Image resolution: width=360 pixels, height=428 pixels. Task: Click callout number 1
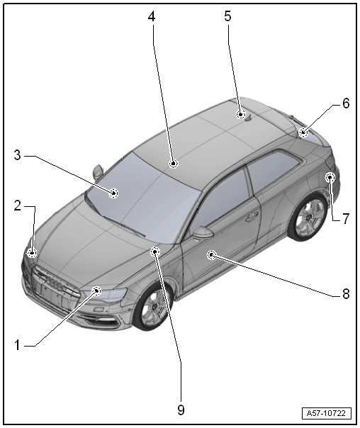coord(17,345)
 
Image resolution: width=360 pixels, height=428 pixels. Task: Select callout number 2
coord(18,205)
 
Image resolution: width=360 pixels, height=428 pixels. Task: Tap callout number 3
coord(18,155)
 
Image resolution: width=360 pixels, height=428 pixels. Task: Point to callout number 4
coord(152,16)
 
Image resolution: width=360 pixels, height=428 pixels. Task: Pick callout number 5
coord(227,16)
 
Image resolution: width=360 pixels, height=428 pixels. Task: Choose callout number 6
coord(346,103)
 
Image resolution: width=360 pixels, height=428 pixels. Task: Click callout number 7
coord(346,219)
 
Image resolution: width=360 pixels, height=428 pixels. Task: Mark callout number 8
coord(346,294)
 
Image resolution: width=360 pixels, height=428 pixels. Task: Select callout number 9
coord(181,410)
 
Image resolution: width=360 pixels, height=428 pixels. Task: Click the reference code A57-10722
coord(326,413)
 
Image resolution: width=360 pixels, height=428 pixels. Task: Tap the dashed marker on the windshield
coord(113,193)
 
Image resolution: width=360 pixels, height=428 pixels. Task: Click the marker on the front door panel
coord(211,255)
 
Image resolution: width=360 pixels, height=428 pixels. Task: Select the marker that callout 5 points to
coord(240,114)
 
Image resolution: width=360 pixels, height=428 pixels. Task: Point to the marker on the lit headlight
coord(96,291)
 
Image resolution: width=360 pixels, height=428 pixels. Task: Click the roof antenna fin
coord(249,118)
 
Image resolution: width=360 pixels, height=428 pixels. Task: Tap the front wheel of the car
coord(152,305)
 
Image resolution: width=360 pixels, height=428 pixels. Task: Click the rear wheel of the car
coord(308,216)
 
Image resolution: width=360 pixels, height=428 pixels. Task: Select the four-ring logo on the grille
coord(56,283)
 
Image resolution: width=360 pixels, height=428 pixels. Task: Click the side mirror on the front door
coord(203,232)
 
